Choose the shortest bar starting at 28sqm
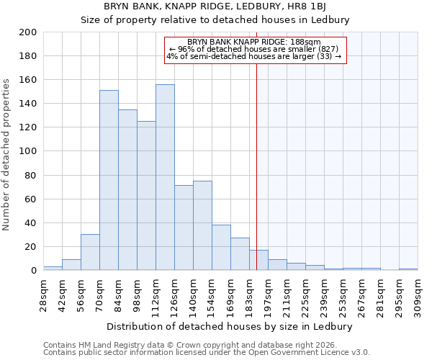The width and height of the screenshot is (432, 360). (x=53, y=268)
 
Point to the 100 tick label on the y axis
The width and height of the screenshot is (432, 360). (x=28, y=151)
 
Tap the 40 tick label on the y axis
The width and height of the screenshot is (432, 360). (x=31, y=222)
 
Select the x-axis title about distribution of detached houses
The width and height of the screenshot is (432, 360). (x=234, y=326)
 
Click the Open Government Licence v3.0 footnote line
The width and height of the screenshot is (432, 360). (x=207, y=353)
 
